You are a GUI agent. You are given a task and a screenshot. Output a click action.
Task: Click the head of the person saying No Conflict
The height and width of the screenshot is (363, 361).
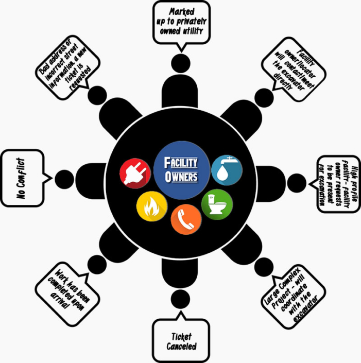[x=64, y=179]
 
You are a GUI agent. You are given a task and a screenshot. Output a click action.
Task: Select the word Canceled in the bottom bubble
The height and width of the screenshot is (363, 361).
[x=181, y=347]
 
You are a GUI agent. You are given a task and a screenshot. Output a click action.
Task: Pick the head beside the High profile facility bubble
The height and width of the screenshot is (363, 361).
[x=297, y=180]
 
